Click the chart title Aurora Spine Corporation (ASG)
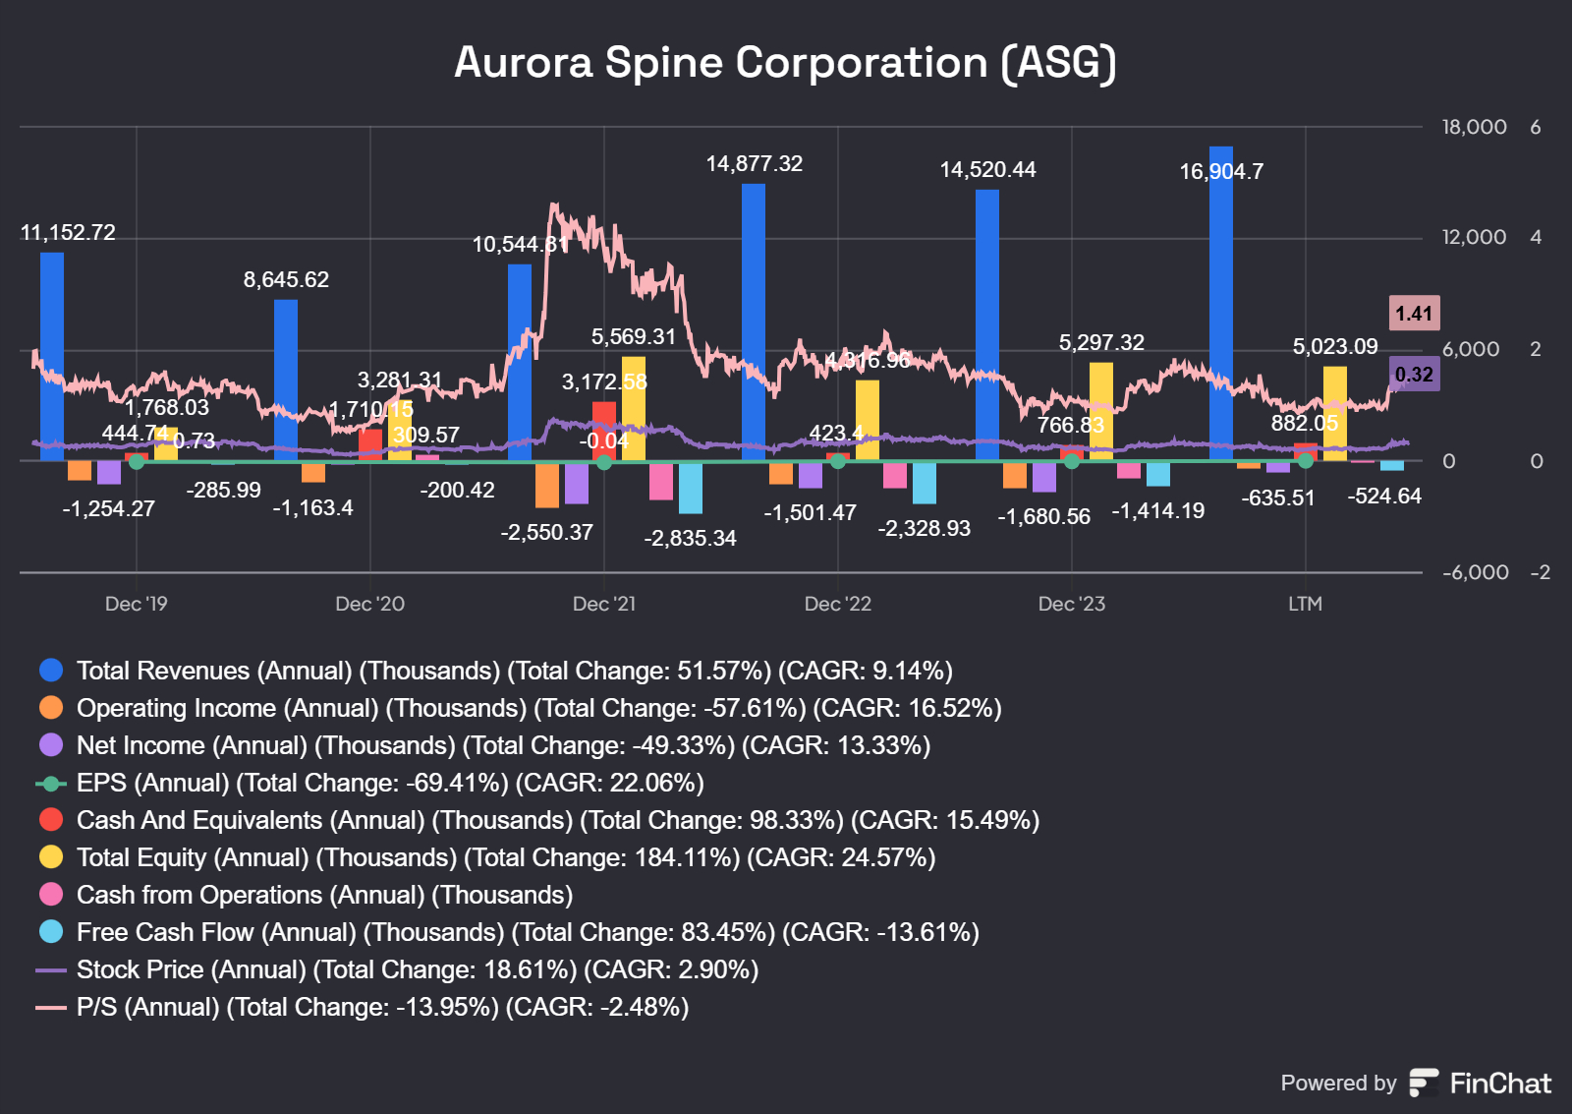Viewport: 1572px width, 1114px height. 785,63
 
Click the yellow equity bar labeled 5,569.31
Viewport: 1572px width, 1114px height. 634,408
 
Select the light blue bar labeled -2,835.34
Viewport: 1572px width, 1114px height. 691,488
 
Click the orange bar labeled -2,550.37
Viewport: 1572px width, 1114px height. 547,485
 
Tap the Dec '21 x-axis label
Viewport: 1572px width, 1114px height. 604,604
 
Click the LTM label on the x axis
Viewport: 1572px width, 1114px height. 1305,604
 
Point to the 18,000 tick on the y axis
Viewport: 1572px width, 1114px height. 1474,127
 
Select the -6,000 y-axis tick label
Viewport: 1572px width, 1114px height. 1475,572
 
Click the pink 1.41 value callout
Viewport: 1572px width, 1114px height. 1414,314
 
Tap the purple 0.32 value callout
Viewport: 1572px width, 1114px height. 1414,375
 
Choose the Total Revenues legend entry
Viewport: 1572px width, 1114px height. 514,671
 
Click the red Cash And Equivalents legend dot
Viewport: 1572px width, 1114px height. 51,820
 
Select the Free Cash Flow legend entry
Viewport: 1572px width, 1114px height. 527,932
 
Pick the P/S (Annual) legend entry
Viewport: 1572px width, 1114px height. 381,1007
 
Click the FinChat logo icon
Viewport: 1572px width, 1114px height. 1424,1083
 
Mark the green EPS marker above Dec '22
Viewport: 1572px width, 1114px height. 838,461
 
